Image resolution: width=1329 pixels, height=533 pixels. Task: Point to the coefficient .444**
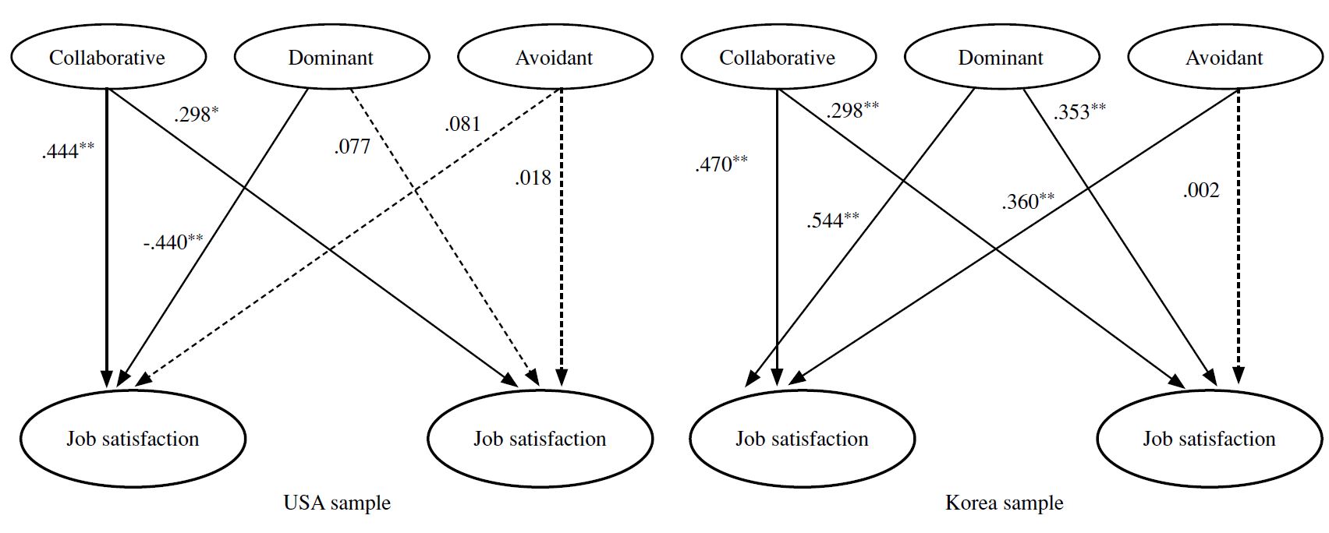click(x=68, y=150)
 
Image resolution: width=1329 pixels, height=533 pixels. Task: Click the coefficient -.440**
click(x=173, y=242)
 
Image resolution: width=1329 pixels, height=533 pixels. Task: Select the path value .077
click(x=352, y=146)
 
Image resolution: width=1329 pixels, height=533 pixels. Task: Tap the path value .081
click(x=462, y=124)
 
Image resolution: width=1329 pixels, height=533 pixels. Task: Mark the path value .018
click(x=533, y=177)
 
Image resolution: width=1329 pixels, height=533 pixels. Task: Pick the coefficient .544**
click(x=832, y=220)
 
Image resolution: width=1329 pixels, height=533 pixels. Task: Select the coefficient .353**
click(x=1079, y=111)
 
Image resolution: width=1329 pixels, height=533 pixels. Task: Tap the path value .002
click(x=1201, y=190)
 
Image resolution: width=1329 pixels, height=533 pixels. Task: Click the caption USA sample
click(x=337, y=503)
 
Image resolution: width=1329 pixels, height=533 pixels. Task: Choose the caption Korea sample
click(x=1004, y=503)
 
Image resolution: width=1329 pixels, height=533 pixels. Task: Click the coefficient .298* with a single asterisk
click(x=197, y=114)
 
